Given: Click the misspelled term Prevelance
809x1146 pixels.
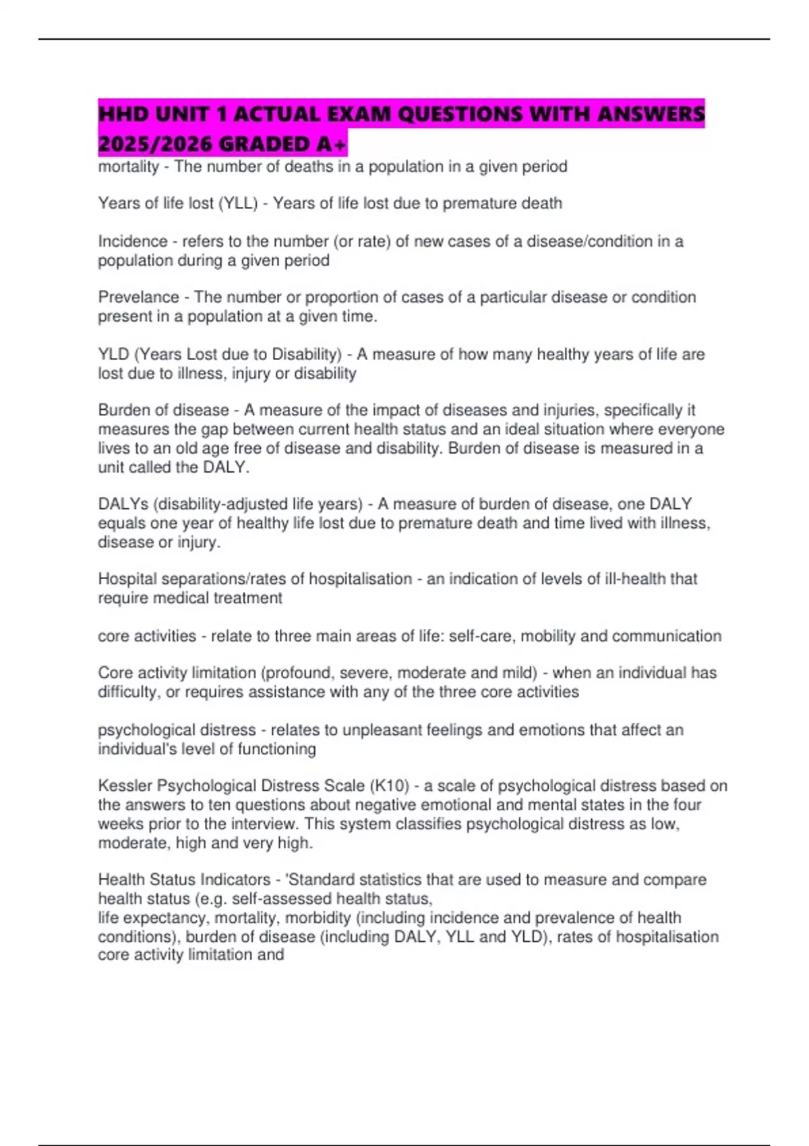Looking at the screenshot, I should (139, 297).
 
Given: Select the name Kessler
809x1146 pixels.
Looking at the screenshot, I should (125, 786).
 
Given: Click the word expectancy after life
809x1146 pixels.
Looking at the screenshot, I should (168, 918).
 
